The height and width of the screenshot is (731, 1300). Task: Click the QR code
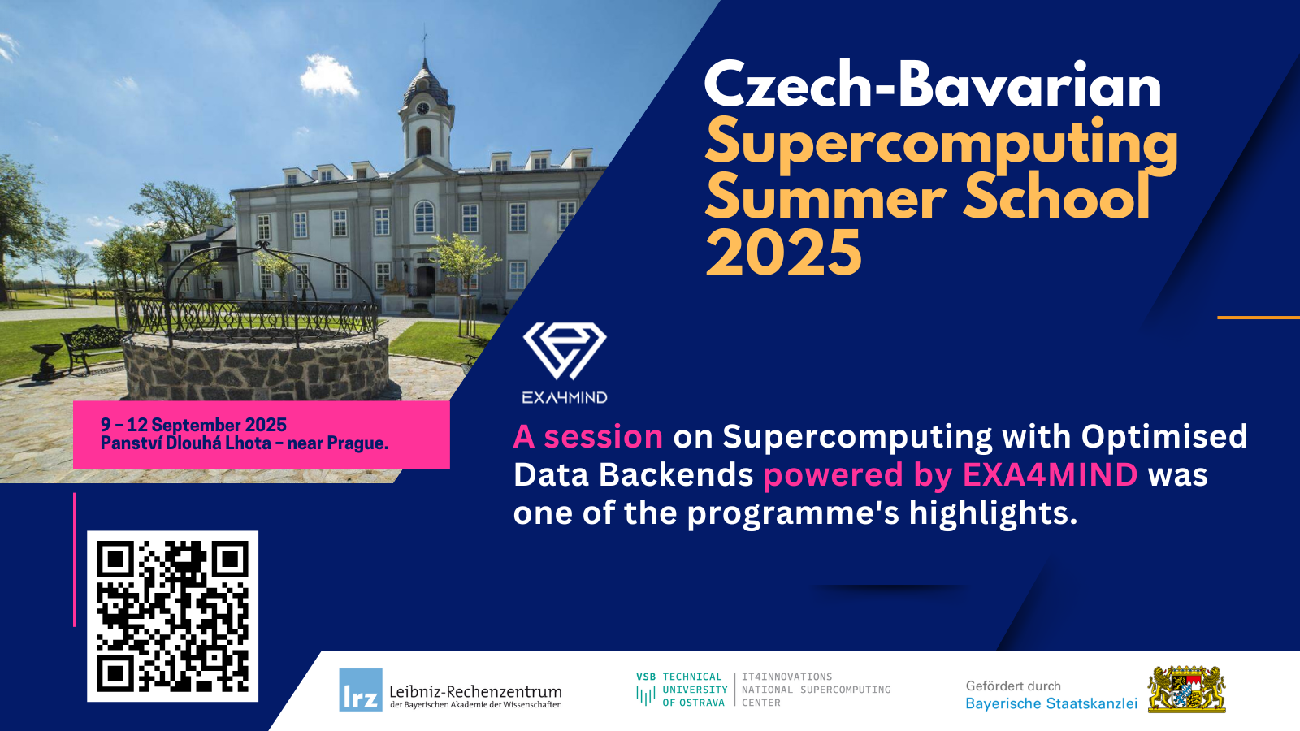coord(172,616)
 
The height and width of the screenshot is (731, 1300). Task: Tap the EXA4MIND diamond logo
coord(565,351)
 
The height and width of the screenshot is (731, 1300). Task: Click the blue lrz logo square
coord(361,690)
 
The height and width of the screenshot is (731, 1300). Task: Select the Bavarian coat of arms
coord(1187,690)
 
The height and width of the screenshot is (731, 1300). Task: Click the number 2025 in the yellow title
coord(783,253)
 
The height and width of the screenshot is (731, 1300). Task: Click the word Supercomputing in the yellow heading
coord(942,147)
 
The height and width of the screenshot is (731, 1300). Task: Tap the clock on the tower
coord(422,108)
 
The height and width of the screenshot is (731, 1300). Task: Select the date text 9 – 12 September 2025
coord(194,425)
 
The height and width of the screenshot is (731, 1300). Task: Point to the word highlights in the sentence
coord(993,513)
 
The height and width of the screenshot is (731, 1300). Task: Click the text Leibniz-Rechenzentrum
coord(475,691)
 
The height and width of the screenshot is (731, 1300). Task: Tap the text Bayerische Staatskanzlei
coord(1051,703)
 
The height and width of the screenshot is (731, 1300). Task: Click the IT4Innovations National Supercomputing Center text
coord(816,690)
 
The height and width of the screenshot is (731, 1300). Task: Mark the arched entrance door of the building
coord(426,280)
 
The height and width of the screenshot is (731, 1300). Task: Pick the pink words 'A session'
coord(588,436)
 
